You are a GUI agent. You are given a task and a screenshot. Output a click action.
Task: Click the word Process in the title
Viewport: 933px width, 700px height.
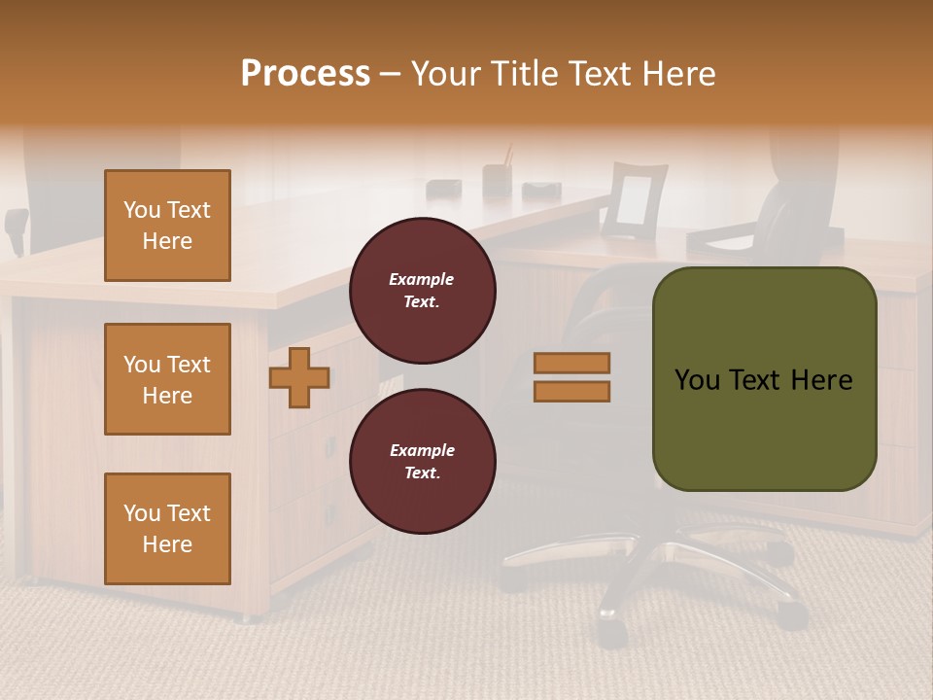pos(305,74)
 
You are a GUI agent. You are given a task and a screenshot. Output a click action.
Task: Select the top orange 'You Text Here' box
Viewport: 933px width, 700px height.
pos(167,226)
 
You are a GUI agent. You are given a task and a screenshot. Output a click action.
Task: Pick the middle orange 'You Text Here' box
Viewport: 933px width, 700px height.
pos(167,379)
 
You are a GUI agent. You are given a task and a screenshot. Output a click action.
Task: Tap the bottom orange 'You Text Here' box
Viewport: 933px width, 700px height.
pos(167,529)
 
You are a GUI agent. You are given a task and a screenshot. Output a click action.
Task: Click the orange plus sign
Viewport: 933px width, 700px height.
pos(299,378)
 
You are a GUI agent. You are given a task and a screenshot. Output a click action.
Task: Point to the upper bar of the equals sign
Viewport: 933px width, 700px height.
pos(572,363)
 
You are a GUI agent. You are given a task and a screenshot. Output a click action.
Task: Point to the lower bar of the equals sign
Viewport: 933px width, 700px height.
pos(572,392)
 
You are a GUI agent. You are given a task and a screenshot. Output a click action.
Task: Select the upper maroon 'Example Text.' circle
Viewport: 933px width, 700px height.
pos(423,291)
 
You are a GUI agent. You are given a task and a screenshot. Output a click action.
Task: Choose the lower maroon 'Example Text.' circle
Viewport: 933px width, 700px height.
pos(423,462)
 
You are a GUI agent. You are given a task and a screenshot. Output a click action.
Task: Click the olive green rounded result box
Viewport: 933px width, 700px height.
pos(764,379)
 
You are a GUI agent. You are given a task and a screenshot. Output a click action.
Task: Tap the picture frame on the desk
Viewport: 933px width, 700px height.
pos(634,200)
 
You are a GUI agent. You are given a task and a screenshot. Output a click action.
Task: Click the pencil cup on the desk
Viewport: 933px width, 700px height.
pos(498,180)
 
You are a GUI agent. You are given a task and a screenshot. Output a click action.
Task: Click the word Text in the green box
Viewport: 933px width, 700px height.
pos(764,380)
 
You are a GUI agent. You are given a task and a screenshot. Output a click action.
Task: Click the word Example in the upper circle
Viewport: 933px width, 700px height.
pos(422,279)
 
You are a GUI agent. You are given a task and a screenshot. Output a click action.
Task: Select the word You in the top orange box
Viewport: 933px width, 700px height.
pos(141,210)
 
